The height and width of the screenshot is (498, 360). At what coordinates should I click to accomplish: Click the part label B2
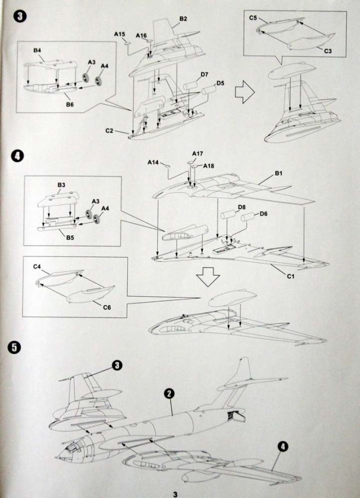point(183,19)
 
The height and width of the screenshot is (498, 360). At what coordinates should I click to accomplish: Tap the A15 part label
point(119,34)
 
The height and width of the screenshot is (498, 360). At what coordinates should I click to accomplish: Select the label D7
point(204,74)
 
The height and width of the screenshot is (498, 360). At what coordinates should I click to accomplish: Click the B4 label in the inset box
point(37,51)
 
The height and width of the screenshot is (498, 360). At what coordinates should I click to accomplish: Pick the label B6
point(69,104)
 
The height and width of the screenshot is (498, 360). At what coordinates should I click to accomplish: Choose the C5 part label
point(253,19)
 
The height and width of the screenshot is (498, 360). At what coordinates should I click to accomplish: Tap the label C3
point(328,51)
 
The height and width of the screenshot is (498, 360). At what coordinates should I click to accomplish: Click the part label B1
point(278,174)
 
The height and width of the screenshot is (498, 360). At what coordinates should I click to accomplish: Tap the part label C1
point(292,277)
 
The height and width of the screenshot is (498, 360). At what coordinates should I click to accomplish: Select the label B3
point(61,185)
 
